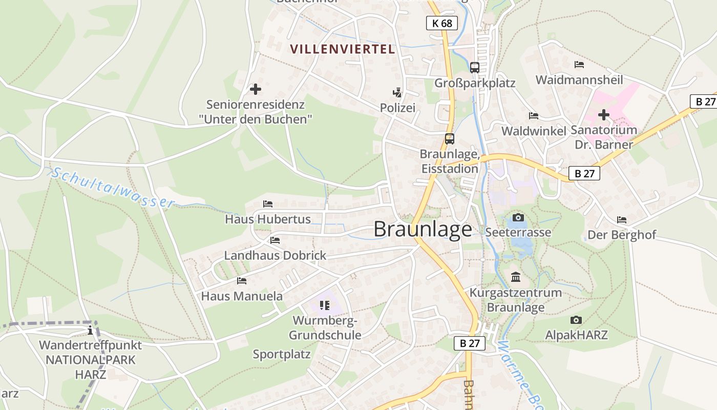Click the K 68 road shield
point(441,23)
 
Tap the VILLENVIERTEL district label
point(342,49)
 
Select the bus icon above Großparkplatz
point(475,67)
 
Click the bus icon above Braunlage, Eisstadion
point(449,138)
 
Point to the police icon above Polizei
point(397,93)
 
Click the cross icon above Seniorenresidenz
point(255,89)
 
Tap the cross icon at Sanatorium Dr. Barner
point(604,115)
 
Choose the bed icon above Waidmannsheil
point(579,65)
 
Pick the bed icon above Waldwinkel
point(534,115)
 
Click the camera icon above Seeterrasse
point(518,217)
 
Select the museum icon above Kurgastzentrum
point(516,277)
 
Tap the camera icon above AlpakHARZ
point(576,320)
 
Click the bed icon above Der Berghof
point(622,220)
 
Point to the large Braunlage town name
point(423,229)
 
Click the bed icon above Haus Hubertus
point(268,204)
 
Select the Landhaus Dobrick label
point(275,255)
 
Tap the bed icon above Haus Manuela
point(242,281)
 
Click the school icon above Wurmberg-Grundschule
point(324,305)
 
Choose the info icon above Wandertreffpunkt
point(90,330)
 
